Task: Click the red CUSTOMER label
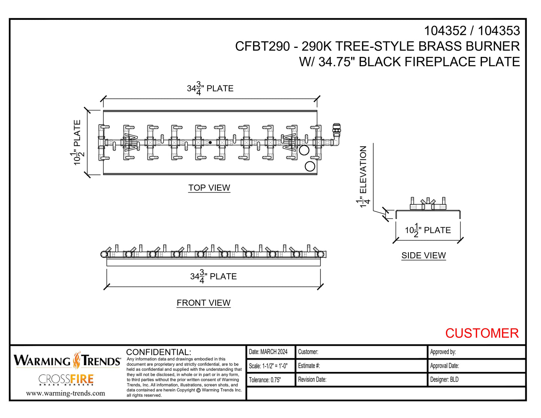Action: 482,333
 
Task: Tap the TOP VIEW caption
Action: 209,188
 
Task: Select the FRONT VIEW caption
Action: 203,303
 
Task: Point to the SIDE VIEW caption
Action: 423,256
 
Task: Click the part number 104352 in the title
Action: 445,31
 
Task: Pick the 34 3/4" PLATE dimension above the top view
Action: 210,89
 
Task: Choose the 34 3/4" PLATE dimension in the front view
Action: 213,277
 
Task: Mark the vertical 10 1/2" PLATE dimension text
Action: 77,142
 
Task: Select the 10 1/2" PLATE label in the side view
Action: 428,231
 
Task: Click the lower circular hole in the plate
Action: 310,166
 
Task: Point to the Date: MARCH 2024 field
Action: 268,352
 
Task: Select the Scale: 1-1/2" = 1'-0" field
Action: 268,366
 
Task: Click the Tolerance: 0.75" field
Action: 265,380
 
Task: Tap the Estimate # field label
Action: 309,366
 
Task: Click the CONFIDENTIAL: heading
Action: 159,352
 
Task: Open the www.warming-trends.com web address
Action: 66,393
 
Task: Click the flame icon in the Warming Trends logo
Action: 77,360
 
